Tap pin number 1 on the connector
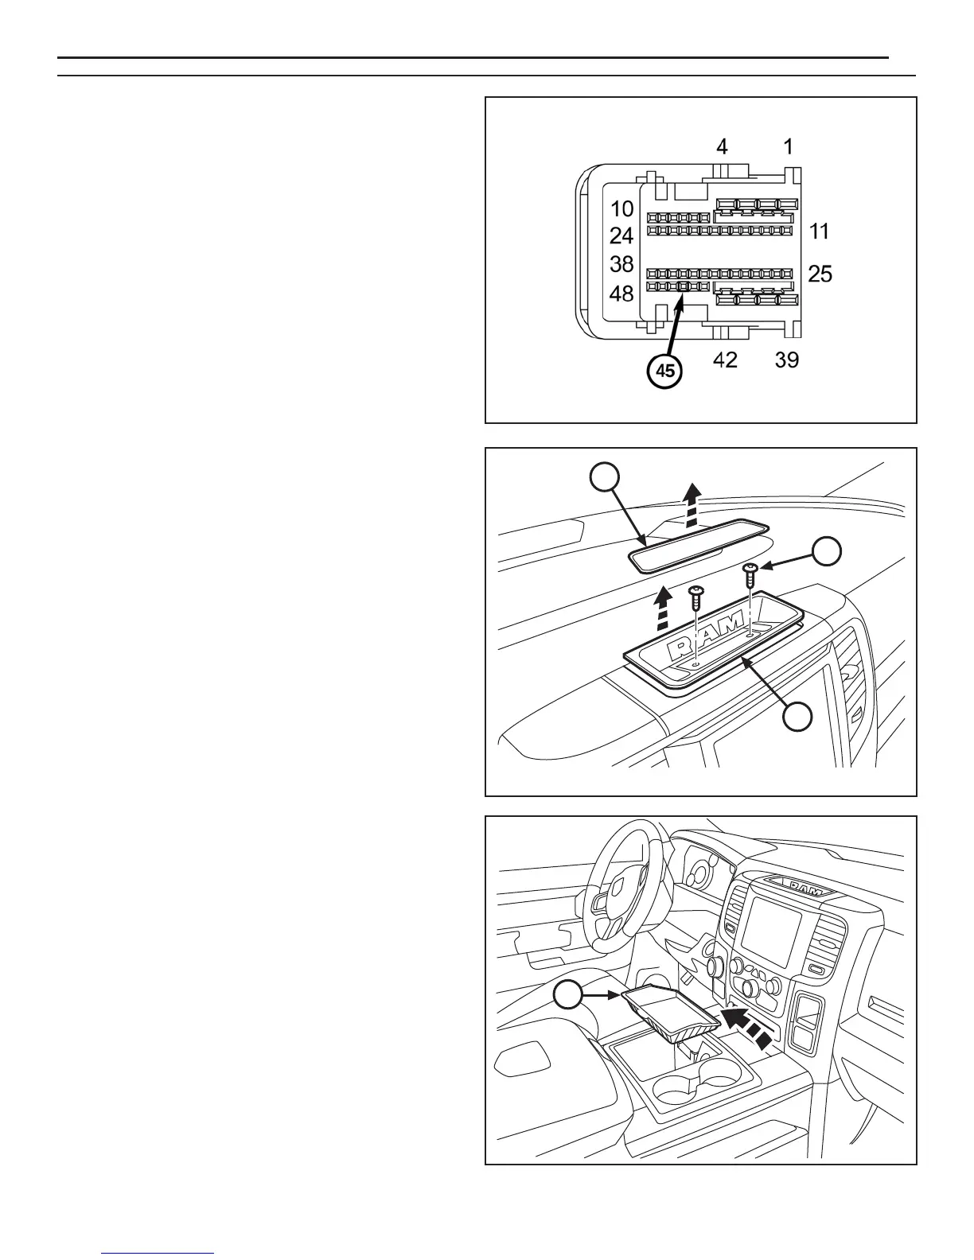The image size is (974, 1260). tap(787, 146)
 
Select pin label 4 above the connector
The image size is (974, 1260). tap(721, 146)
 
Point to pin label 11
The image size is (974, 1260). tap(819, 231)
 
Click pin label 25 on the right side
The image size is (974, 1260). tap(820, 274)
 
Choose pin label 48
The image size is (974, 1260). tap(621, 294)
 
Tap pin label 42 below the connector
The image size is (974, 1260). tap(725, 360)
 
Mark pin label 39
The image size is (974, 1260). tap(787, 360)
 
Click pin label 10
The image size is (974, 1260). tap(621, 209)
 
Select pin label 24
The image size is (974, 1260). tap(621, 236)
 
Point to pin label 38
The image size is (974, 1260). tap(621, 264)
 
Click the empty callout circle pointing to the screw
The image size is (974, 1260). tap(827, 551)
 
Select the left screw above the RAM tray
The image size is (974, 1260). tap(696, 595)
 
